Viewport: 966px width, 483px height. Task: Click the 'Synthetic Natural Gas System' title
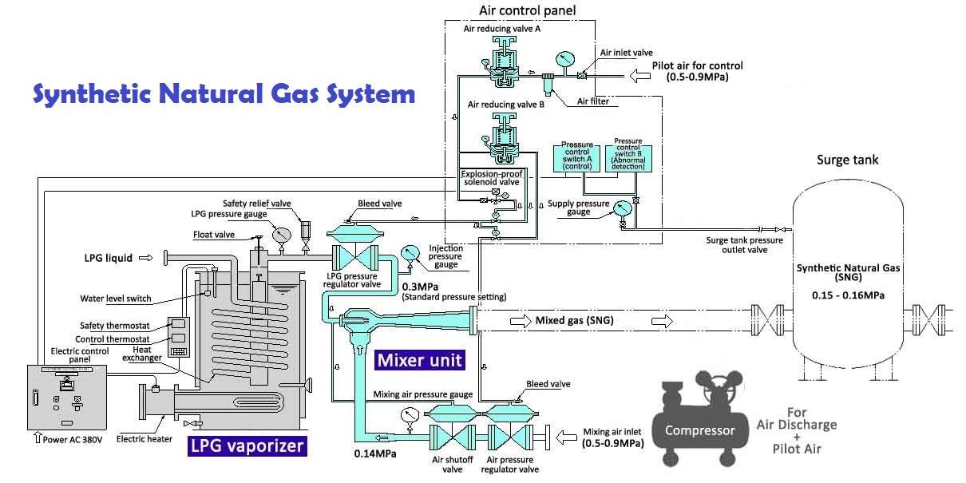(224, 94)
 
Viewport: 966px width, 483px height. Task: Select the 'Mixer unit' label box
(419, 360)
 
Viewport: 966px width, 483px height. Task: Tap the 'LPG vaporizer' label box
(247, 445)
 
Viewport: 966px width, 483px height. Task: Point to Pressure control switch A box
(577, 156)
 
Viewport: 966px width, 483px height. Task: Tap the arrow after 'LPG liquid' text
(146, 258)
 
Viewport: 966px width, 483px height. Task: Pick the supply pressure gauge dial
(623, 207)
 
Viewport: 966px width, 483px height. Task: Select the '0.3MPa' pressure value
(418, 287)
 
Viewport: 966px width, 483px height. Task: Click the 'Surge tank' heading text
(847, 160)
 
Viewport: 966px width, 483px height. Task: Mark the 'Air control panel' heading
(527, 10)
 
